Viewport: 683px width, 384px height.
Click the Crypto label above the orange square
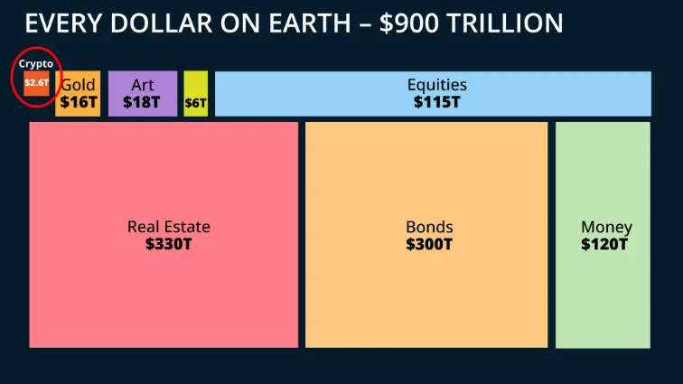[x=36, y=64]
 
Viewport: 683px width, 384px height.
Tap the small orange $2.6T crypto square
[x=36, y=84]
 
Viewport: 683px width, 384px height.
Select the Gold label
[x=78, y=86]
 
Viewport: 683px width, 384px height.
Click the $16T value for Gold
[x=78, y=102]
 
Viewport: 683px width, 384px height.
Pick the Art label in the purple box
[x=143, y=86]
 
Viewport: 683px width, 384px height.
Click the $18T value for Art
[x=143, y=102]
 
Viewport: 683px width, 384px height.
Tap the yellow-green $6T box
[x=196, y=103]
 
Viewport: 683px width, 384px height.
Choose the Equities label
[x=436, y=86]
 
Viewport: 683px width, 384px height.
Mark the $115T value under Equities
[x=436, y=102]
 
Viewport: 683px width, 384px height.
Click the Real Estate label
[x=168, y=227]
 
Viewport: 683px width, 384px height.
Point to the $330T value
[x=168, y=244]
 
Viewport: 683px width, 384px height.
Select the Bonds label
[x=429, y=227]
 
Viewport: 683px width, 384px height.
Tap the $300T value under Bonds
[x=429, y=244]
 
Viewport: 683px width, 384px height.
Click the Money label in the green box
[x=606, y=227]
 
